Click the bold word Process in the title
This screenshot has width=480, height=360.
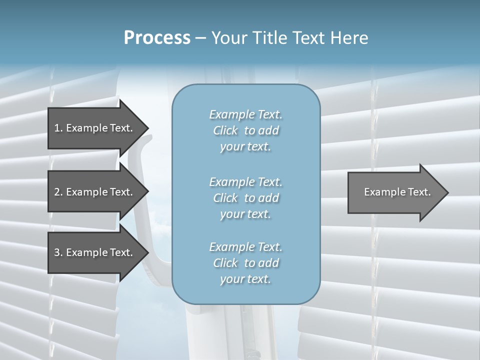pos(157,37)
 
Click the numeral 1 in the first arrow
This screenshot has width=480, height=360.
pos(57,128)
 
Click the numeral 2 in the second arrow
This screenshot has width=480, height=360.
pos(57,192)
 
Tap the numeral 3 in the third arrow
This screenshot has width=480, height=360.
pos(57,252)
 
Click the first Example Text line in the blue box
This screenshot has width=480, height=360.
pos(245,114)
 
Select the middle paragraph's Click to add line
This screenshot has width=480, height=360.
pos(245,198)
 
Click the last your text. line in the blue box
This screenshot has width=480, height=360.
pos(245,279)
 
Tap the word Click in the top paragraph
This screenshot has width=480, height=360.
pos(225,130)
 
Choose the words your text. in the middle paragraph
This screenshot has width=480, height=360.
pos(245,214)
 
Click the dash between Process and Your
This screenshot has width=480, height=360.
pos(200,38)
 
